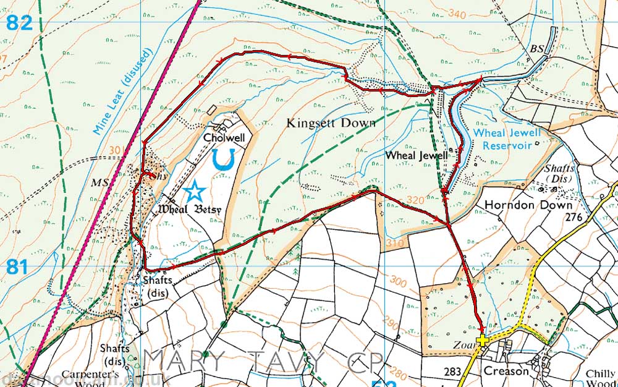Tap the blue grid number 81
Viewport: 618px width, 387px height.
tap(19, 267)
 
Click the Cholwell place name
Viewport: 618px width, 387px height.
tap(224, 138)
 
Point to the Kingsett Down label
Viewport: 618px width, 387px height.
tap(331, 123)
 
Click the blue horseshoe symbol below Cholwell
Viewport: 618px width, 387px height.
tap(222, 159)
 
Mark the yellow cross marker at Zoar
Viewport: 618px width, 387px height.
tap(483, 340)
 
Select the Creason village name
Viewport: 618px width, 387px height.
tap(506, 371)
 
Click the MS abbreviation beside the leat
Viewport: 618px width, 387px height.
tap(99, 184)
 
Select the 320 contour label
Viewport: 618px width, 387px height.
tap(416, 200)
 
